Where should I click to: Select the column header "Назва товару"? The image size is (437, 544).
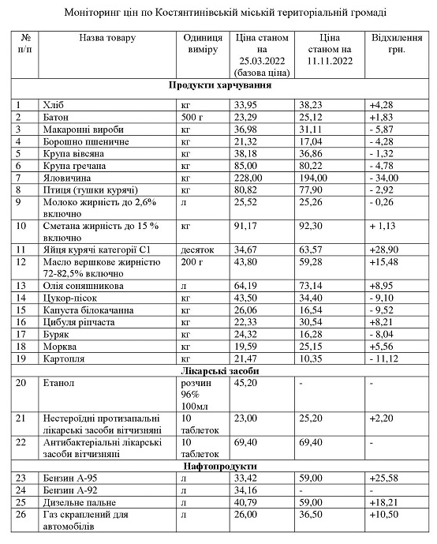click(107, 38)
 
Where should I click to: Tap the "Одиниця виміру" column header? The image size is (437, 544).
click(202, 43)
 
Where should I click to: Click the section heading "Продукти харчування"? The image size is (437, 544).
click(220, 84)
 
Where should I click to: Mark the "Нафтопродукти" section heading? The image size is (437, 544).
click(220, 465)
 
